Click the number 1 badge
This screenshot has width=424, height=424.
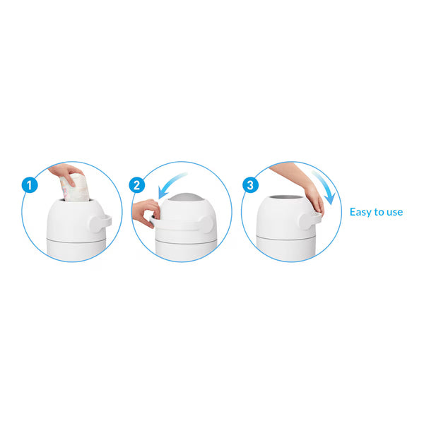point(30,185)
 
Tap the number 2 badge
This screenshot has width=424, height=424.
point(137,185)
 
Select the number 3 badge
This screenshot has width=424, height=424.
point(250,185)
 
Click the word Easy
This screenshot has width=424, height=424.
point(361,212)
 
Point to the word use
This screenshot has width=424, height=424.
point(394,213)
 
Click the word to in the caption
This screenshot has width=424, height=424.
point(379,212)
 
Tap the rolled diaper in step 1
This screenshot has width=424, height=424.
point(75,188)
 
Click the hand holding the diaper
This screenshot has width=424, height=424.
point(66,172)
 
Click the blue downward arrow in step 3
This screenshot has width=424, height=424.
point(325,187)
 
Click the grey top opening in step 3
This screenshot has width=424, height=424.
point(287,197)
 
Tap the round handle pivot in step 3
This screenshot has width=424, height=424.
point(307,221)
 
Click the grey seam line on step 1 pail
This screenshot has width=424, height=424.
point(77,240)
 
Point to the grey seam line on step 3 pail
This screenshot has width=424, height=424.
point(286,238)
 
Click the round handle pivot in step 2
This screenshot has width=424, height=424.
point(206,224)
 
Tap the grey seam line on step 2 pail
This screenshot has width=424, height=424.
point(186,241)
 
